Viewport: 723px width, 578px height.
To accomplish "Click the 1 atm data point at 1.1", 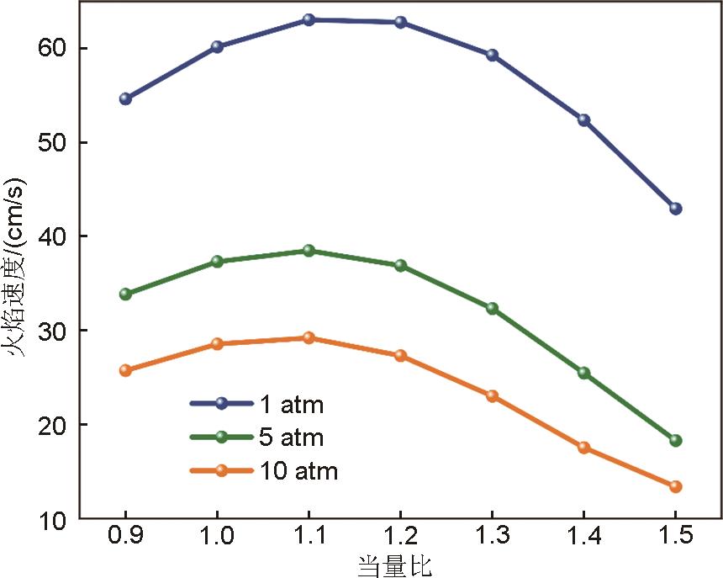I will coord(309,19).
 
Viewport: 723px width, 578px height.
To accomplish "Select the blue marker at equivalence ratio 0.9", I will coord(125,98).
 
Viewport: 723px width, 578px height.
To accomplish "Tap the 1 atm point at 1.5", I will coord(675,208).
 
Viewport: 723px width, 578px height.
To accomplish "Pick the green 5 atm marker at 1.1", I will coord(309,250).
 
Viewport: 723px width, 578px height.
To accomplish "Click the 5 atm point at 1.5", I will coord(675,440).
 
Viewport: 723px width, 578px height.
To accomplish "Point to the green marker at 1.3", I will coord(492,308).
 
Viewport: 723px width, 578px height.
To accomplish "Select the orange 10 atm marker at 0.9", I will coord(125,369).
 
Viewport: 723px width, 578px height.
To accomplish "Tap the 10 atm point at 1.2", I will coord(400,355).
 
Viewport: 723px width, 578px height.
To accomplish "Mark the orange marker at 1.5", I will coord(675,486).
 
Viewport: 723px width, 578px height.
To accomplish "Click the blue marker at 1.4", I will coord(583,119).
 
